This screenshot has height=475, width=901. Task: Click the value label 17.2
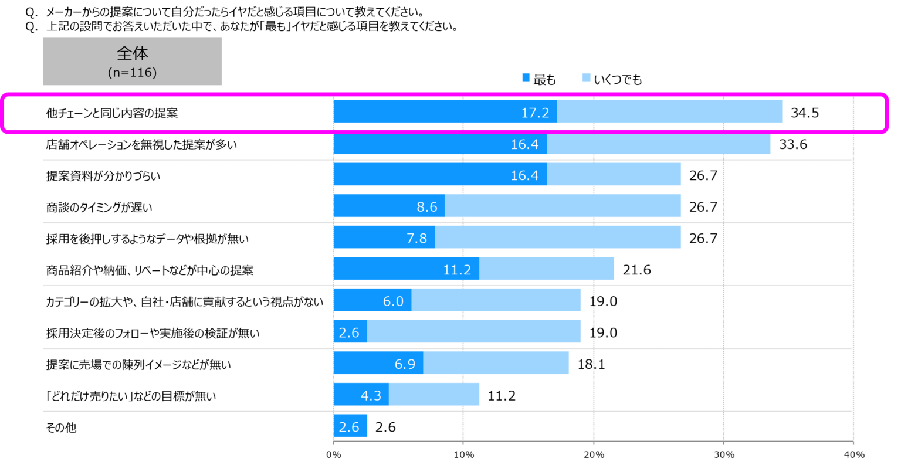point(535,113)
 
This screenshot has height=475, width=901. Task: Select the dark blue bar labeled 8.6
point(389,206)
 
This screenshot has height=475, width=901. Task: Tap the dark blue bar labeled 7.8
point(384,238)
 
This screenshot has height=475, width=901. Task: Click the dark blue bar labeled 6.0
point(372,300)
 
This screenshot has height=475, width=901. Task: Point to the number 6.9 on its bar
point(405,364)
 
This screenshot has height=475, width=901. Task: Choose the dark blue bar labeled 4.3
point(361,395)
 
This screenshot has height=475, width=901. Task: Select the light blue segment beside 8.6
point(563,206)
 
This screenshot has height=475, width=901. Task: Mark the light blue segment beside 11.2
point(547,269)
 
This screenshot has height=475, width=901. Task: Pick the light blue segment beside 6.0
point(496,300)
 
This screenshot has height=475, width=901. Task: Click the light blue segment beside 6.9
point(496,363)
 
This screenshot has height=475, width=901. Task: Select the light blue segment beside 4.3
point(435,395)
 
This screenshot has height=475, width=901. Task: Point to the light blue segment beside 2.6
point(474,332)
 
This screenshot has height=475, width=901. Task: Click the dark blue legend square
point(526,77)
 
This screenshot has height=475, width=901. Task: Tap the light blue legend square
point(587,77)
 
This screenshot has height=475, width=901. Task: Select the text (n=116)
point(133,73)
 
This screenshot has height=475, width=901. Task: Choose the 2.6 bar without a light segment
point(350,426)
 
